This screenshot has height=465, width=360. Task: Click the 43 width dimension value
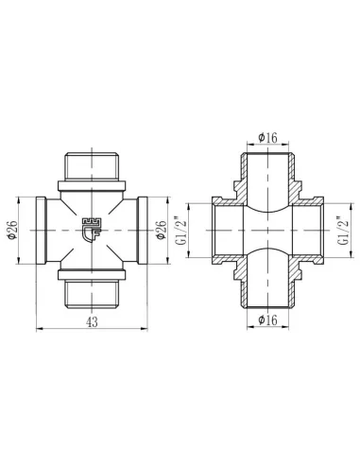pyautogui.click(x=93, y=321)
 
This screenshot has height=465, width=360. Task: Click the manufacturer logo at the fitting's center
pyautogui.click(x=93, y=228)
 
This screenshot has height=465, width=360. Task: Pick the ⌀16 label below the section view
pyautogui.click(x=268, y=321)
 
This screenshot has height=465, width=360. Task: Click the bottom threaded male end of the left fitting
pyautogui.click(x=93, y=295)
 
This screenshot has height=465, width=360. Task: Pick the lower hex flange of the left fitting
pyautogui.click(x=93, y=278)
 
